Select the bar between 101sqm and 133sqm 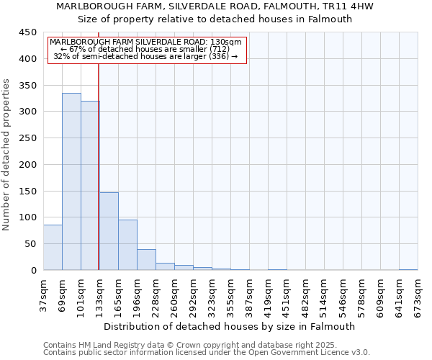click(90, 186)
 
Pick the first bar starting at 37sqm click(53, 248)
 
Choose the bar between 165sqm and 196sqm click(127, 245)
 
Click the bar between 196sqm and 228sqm click(146, 260)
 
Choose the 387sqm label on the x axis click(249, 295)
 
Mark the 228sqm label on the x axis click(156, 295)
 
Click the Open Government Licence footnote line click(206, 352)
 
